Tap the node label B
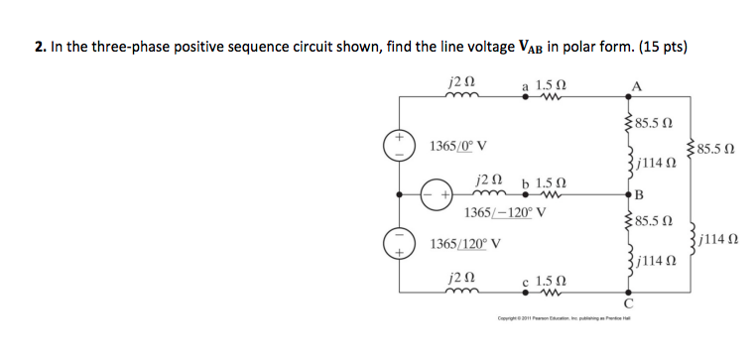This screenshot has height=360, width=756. [x=640, y=195]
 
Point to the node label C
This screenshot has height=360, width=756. [x=628, y=302]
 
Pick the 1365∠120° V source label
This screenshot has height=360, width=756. [x=464, y=243]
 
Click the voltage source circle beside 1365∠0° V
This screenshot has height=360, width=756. [x=399, y=145]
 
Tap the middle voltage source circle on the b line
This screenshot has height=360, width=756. [x=436, y=191]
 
